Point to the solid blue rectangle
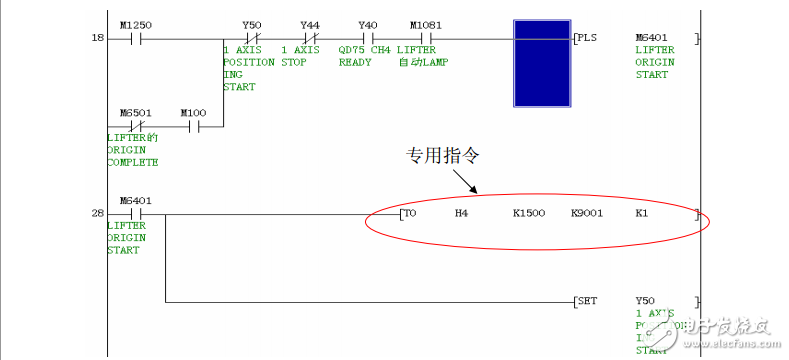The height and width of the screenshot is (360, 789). click(541, 62)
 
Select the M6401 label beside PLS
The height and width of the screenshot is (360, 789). click(652, 38)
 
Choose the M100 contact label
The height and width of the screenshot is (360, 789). click(193, 112)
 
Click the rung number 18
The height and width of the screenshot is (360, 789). click(97, 38)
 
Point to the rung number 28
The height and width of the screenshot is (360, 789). click(97, 213)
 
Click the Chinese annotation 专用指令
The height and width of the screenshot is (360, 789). click(435, 155)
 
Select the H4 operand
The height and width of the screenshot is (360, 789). click(461, 213)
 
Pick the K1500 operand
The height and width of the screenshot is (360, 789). click(529, 213)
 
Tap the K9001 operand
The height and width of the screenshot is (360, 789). click(587, 213)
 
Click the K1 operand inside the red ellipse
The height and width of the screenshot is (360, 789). click(642, 213)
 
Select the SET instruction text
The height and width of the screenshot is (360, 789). click(588, 300)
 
